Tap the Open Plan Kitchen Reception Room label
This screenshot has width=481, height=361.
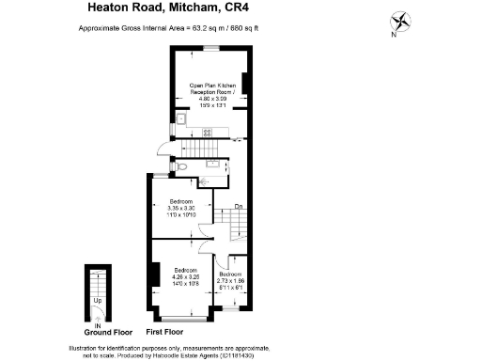209,91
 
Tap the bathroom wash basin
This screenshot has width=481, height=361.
212,164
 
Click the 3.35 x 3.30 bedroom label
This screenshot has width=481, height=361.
181,209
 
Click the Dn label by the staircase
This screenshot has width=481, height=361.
240,206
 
